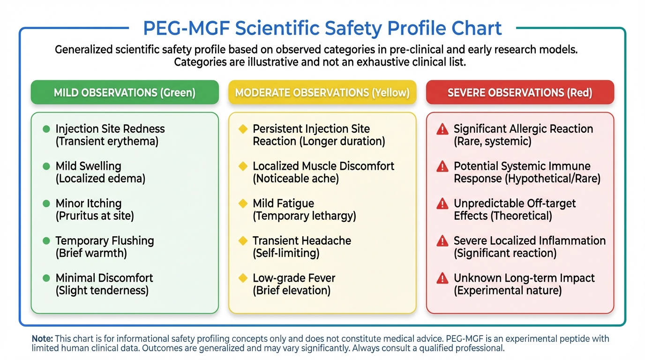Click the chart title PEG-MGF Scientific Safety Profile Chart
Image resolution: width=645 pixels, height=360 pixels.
(322, 28)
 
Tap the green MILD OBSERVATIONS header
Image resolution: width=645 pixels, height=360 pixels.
(125, 92)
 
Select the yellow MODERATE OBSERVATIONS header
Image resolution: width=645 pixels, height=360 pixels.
(322, 92)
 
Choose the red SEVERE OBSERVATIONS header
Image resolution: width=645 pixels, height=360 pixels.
(520, 92)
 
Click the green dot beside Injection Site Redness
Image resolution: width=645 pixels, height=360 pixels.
(46, 129)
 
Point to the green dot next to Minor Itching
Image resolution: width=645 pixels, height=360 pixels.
(46, 203)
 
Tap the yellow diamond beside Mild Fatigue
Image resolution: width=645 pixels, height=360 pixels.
(243, 203)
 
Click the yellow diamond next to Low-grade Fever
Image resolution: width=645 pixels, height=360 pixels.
(243, 278)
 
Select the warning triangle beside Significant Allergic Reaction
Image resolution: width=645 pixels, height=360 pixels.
(442, 129)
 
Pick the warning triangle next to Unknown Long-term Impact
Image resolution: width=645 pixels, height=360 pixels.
(442, 278)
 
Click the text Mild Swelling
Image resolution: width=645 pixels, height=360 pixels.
(88, 166)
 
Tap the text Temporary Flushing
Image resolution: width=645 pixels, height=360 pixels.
(105, 240)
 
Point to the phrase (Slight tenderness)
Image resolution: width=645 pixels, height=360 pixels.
(102, 291)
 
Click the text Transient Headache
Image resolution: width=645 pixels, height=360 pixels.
(302, 240)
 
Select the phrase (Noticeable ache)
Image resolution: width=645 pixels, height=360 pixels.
(295, 179)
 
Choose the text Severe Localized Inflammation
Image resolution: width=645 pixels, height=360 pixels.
(530, 240)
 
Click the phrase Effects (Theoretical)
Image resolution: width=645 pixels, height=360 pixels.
(502, 216)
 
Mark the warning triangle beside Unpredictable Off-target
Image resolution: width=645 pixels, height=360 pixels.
(442, 203)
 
